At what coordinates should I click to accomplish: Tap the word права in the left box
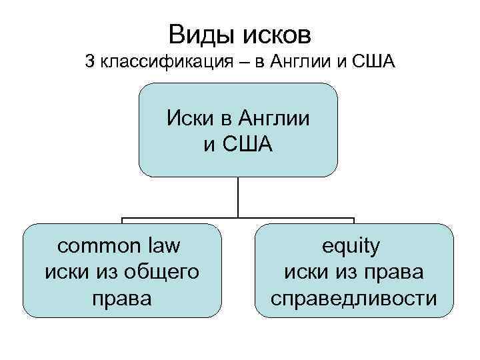coord(122,297)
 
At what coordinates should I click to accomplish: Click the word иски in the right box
coord(306,272)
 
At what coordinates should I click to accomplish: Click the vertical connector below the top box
coord(238,197)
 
